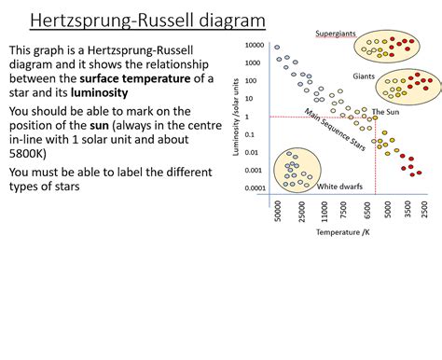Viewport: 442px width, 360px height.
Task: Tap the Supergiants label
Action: pos(335,34)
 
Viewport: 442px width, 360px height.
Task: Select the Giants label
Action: pos(364,76)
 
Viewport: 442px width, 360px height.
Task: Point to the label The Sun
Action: pos(385,112)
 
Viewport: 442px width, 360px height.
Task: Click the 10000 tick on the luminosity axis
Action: pos(254,45)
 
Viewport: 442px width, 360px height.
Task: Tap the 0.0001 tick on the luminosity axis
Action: pos(253,187)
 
